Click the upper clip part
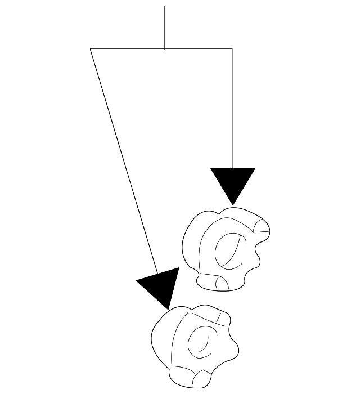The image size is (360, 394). [225, 248]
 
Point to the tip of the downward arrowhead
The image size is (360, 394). [233, 204]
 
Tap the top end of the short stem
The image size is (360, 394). [164, 6]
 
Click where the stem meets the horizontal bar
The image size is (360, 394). [164, 49]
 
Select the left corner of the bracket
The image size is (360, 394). [91, 49]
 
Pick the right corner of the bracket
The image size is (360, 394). [232, 49]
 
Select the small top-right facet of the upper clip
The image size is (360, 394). [262, 226]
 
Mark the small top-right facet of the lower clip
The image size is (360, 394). [223, 319]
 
